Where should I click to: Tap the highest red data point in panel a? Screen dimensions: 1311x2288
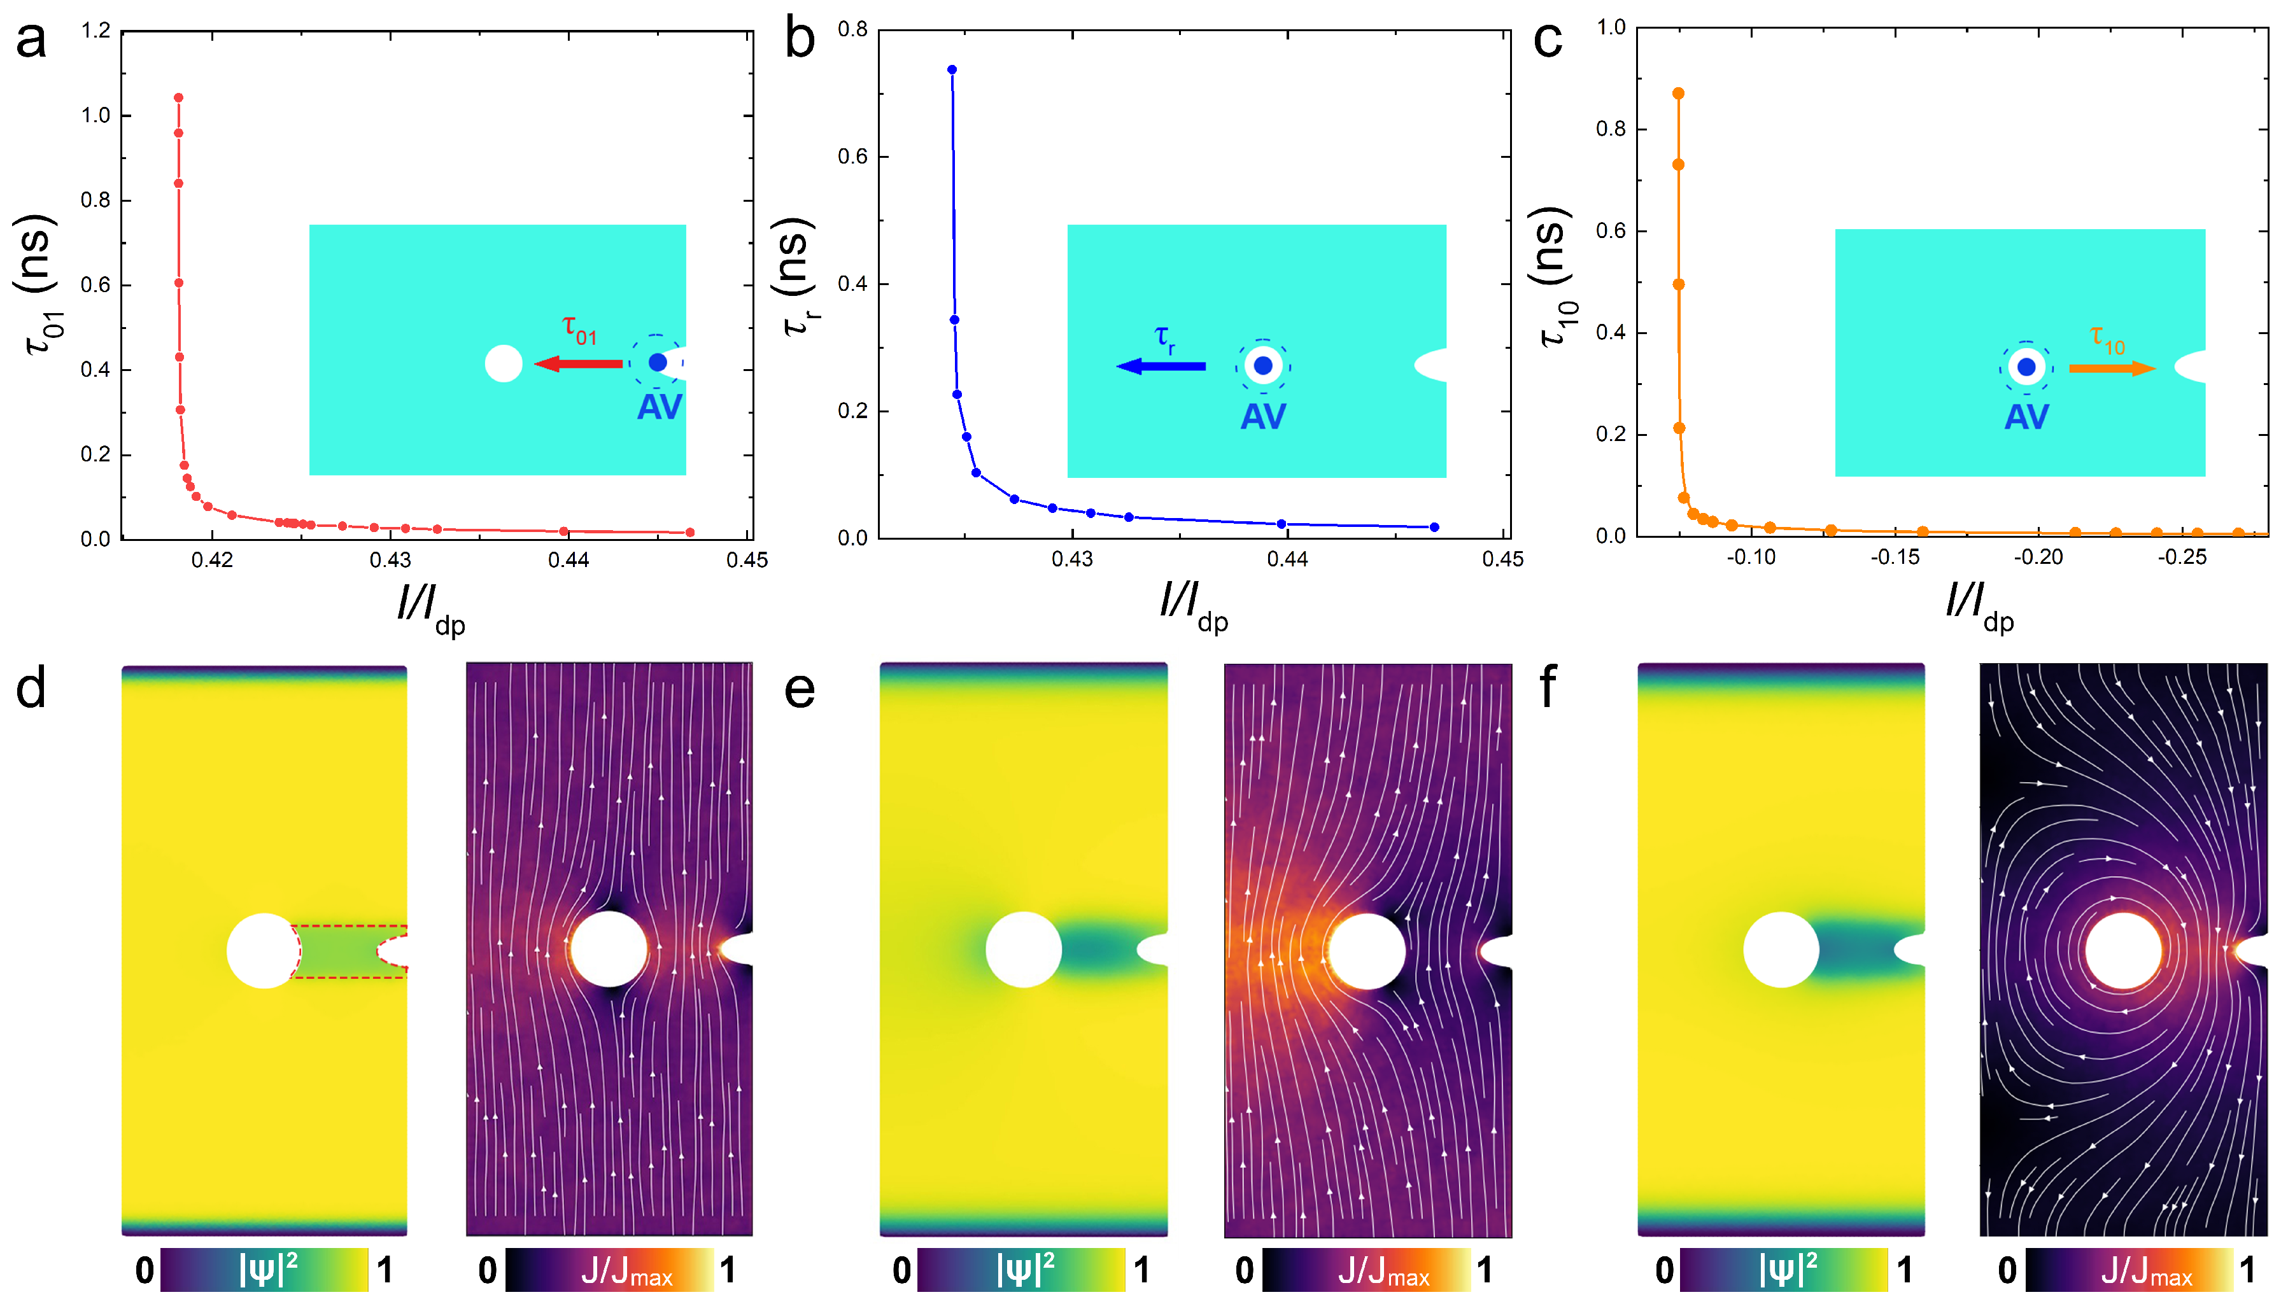coord(178,97)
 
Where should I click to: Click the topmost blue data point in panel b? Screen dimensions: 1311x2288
coord(952,69)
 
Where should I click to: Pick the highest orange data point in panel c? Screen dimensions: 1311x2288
coord(1678,94)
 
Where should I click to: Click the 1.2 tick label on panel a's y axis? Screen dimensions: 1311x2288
coord(95,31)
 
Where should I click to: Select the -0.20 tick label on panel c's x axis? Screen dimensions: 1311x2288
coord(2038,557)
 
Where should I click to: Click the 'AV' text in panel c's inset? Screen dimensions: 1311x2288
coord(2026,417)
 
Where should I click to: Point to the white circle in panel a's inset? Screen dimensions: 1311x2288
coord(504,364)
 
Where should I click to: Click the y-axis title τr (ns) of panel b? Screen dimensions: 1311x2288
coord(794,276)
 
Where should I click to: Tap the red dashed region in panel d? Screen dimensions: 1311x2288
coord(342,951)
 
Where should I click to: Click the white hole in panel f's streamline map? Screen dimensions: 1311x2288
coord(2122,951)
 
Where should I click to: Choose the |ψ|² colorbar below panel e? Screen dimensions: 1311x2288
coord(1021,1270)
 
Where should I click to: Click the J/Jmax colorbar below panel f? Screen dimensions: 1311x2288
coord(2129,1270)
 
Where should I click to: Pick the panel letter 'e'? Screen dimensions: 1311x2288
coord(800,690)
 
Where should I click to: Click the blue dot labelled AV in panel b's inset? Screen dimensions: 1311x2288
coord(1262,365)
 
